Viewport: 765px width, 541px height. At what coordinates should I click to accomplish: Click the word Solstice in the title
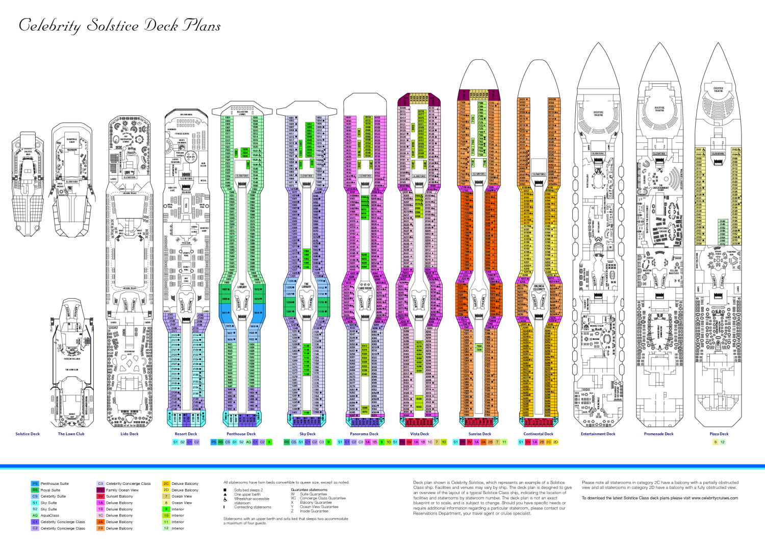(x=112, y=25)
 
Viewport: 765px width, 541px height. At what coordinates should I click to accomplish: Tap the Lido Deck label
(x=130, y=434)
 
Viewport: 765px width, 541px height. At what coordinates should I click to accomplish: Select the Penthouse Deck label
(x=241, y=434)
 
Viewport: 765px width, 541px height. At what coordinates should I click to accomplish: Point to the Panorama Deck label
(x=364, y=434)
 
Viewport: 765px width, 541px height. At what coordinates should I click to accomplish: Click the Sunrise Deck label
(x=480, y=434)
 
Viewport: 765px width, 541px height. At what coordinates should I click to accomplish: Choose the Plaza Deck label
(x=719, y=434)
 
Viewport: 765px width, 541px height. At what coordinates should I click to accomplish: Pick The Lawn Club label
(x=71, y=434)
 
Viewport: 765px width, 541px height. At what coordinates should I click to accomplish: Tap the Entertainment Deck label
(x=598, y=434)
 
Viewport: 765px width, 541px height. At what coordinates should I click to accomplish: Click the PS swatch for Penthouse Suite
(x=35, y=483)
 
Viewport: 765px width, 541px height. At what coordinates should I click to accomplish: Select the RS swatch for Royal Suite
(x=35, y=490)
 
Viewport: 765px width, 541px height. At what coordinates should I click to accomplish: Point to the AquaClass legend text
(x=50, y=515)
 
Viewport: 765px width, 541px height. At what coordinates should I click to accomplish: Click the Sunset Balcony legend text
(x=119, y=496)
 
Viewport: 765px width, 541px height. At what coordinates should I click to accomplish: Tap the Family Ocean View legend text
(x=122, y=490)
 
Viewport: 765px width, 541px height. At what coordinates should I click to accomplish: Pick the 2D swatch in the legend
(x=166, y=490)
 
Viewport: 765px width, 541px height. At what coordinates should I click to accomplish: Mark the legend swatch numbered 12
(x=166, y=528)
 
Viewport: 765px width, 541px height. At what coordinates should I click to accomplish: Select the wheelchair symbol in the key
(x=225, y=499)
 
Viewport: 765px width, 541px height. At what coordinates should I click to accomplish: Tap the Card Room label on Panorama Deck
(x=365, y=288)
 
